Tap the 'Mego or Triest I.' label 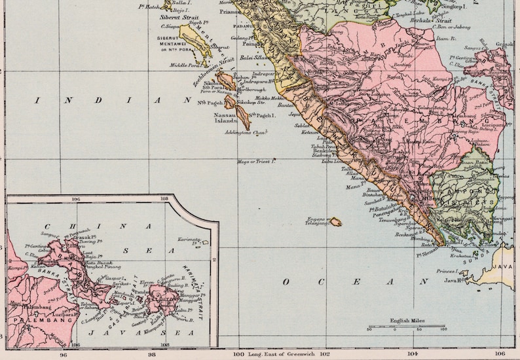[x=256, y=160]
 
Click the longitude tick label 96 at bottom [x=63, y=354]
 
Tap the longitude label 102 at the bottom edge [x=323, y=354]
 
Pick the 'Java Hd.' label [x=454, y=280]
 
